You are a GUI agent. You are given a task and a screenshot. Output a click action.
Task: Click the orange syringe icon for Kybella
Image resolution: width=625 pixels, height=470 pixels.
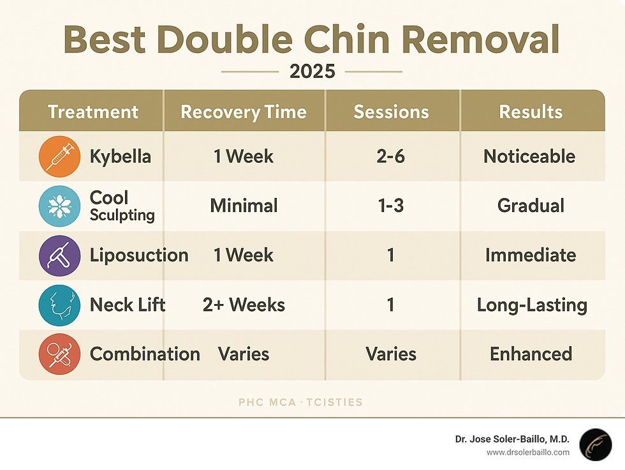[x=59, y=156]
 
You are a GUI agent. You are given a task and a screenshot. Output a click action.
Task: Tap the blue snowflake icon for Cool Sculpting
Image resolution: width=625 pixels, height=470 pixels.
[x=59, y=206]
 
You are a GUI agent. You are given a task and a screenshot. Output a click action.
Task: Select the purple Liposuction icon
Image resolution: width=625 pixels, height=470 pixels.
[x=59, y=255]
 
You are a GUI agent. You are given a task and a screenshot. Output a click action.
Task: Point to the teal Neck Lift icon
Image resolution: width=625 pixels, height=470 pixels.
[x=59, y=305]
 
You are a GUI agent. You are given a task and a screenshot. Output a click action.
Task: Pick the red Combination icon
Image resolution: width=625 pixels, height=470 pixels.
[x=59, y=354]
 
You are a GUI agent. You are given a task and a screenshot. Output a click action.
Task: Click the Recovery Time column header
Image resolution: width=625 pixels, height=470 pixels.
[x=244, y=112]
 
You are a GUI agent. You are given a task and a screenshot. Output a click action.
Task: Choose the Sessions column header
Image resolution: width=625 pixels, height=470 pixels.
[x=392, y=112]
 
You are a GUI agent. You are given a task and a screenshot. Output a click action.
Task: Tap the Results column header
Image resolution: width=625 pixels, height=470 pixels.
[x=531, y=112]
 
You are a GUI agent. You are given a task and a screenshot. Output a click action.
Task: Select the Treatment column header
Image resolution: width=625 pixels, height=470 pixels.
[x=93, y=112]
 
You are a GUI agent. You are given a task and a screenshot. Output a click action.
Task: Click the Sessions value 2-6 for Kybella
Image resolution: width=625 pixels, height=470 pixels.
[x=390, y=156]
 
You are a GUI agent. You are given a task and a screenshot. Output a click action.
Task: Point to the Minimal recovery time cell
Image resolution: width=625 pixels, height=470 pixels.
[x=244, y=206]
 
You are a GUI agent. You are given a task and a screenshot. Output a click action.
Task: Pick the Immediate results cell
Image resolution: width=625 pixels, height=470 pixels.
[x=531, y=255]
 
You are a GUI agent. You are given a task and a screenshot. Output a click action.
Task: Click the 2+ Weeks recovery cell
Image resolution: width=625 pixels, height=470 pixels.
[x=244, y=305]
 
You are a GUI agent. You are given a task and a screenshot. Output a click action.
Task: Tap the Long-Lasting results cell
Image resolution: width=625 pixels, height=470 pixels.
[x=532, y=305]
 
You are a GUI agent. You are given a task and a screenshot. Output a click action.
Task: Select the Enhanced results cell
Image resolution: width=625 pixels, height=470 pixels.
[x=531, y=354]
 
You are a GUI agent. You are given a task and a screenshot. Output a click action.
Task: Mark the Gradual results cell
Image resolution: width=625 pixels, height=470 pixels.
[x=531, y=206]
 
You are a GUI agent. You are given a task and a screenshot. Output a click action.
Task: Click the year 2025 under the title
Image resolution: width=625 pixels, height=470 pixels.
[x=312, y=72]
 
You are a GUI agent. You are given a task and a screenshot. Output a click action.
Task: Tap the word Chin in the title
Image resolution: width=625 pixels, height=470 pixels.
[x=346, y=39]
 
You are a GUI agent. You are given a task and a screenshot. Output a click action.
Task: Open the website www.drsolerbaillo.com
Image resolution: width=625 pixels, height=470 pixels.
[x=528, y=453]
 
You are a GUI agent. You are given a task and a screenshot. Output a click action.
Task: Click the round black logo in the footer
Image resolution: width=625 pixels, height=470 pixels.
[x=596, y=445]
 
